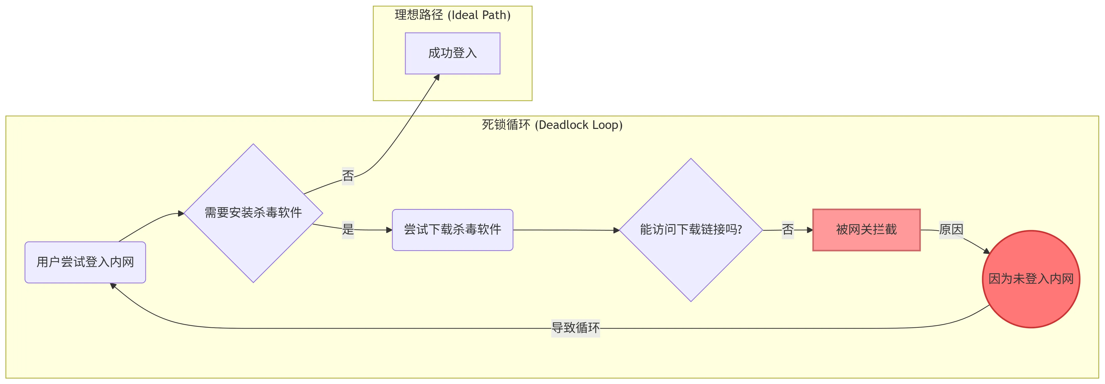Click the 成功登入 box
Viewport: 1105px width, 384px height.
tap(452, 53)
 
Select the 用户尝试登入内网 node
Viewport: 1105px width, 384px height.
tap(85, 262)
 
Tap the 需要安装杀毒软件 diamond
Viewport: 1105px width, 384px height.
tap(253, 213)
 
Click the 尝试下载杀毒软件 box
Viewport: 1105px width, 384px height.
tap(452, 230)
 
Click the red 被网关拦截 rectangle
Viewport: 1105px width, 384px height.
tap(866, 230)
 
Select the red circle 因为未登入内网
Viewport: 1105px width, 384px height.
tap(1031, 279)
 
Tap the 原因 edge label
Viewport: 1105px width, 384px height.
tap(951, 230)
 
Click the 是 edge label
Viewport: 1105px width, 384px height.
tap(348, 229)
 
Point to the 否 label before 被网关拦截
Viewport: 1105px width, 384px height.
tap(788, 230)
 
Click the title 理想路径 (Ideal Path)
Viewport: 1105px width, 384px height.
tap(452, 15)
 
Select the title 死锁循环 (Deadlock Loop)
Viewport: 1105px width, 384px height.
tap(552, 125)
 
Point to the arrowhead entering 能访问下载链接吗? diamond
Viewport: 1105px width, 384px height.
tap(616, 231)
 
